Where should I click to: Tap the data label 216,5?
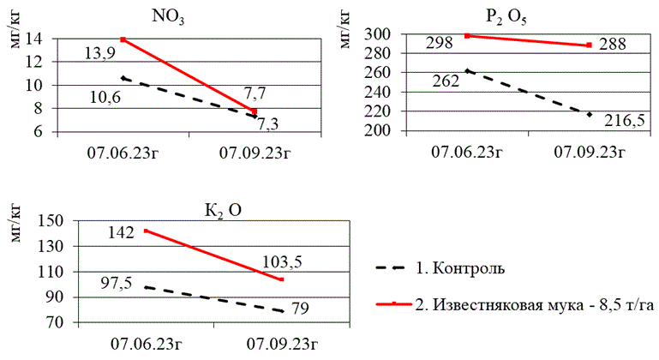(624, 120)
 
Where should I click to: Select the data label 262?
(446, 82)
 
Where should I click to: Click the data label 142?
(121, 232)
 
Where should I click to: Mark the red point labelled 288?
(590, 45)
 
